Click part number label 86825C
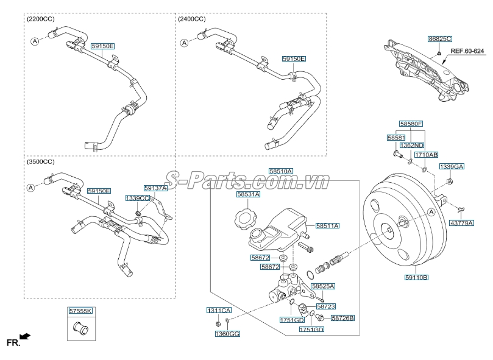[440, 39]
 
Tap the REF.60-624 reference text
[467, 51]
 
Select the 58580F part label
[411, 124]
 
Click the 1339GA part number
[452, 167]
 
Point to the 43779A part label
[461, 223]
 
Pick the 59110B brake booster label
[416, 277]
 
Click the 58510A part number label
[281, 171]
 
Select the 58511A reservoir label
[328, 226]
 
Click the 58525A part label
[323, 286]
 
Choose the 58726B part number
[342, 318]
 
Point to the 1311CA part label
[219, 310]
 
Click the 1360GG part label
[227, 334]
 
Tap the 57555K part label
[81, 311]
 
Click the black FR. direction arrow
[25, 337]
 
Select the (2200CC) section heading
[41, 19]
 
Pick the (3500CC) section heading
[41, 162]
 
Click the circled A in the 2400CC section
[184, 43]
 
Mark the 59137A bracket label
[155, 188]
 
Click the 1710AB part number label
[426, 155]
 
